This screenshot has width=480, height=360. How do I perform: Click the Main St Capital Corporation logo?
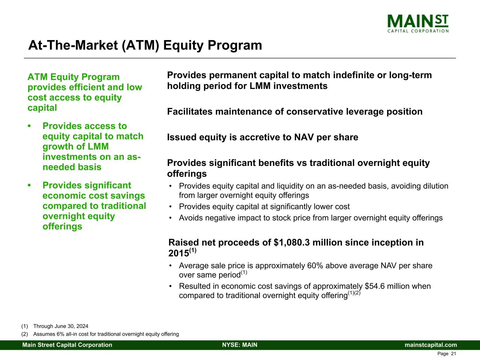click(x=418, y=24)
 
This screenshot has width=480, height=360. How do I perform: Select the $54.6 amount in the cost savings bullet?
click(x=375, y=286)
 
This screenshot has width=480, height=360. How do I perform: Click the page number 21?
click(x=454, y=354)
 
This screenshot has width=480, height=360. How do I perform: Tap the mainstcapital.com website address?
click(x=431, y=345)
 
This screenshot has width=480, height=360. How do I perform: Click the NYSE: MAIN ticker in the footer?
click(x=240, y=345)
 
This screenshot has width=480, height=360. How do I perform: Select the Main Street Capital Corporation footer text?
click(x=67, y=345)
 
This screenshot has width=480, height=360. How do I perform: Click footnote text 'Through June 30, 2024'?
click(x=61, y=326)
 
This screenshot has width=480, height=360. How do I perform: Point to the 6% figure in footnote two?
click(x=60, y=334)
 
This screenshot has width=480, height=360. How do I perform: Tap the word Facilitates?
click(x=190, y=112)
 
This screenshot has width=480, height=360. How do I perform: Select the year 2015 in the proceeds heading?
click(x=179, y=253)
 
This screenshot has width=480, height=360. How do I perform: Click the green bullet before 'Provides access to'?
click(x=29, y=126)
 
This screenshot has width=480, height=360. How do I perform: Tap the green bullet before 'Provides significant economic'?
click(x=29, y=186)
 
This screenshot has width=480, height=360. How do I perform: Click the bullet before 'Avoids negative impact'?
click(x=170, y=218)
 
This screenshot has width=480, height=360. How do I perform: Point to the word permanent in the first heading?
click(x=233, y=75)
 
